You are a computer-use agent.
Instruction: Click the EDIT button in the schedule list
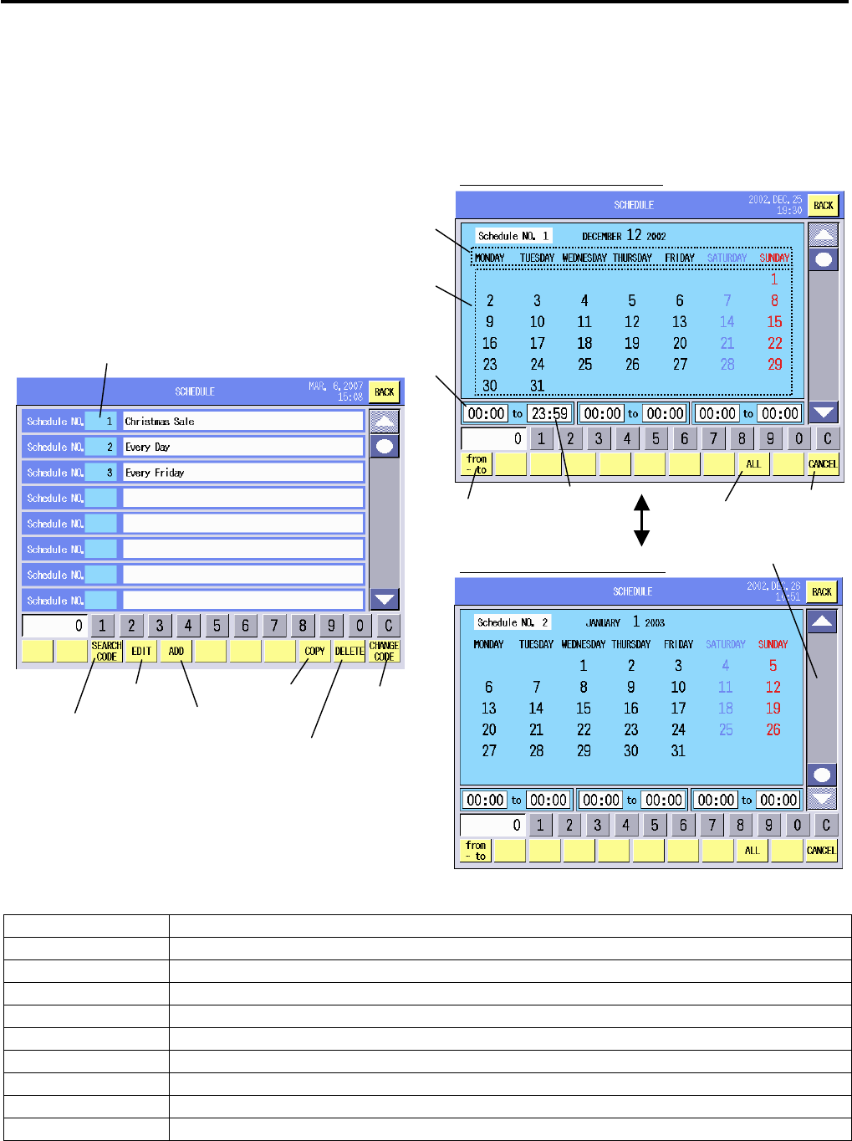(141, 651)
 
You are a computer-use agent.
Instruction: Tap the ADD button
(176, 651)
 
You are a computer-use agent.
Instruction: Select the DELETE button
(349, 651)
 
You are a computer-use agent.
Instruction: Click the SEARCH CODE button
(106, 651)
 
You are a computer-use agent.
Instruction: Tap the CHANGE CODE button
(384, 651)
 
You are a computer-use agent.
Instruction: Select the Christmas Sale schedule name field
(242, 422)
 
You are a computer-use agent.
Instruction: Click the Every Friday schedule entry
(242, 473)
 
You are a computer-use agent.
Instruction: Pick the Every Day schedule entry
(242, 447)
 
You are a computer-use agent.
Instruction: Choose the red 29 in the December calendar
(775, 364)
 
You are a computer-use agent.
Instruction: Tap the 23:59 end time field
(549, 413)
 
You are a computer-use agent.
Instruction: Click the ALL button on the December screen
(753, 464)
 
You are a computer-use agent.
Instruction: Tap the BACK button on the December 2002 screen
(823, 205)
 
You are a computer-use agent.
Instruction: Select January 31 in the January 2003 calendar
(678, 750)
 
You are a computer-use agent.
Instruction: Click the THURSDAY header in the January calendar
(630, 644)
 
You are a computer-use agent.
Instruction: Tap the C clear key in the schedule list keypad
(388, 625)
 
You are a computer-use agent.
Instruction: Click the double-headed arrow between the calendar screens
(641, 519)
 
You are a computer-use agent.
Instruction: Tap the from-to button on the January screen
(476, 851)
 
